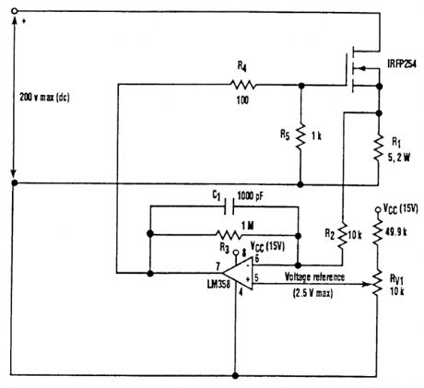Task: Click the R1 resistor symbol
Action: pyautogui.click(x=379, y=145)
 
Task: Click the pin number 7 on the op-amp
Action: pyautogui.click(x=217, y=265)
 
